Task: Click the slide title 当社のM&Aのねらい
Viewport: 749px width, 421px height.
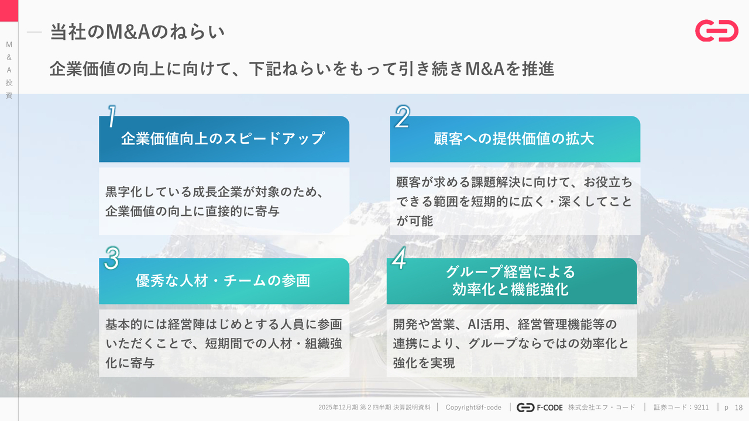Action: [137, 32]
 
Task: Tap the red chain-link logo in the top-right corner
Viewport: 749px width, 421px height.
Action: [717, 31]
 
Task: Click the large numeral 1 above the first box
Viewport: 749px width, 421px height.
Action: [112, 116]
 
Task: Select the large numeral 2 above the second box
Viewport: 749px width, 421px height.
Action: [402, 116]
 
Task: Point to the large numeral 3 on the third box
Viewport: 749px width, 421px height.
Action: [112, 258]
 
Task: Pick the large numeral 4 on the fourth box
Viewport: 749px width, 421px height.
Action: [399, 258]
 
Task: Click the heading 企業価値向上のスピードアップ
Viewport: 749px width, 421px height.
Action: [223, 139]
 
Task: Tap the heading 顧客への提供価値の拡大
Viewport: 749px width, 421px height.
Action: [514, 139]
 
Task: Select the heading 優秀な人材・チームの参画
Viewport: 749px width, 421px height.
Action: [223, 281]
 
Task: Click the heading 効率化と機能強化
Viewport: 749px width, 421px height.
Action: [511, 289]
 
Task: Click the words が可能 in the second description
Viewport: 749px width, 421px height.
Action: [415, 221]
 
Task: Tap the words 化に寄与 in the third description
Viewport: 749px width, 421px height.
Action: [130, 363]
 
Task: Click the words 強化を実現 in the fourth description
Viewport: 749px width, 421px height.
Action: [424, 363]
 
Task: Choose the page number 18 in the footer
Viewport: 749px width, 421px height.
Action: [738, 408]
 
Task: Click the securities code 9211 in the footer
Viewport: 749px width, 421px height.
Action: [701, 408]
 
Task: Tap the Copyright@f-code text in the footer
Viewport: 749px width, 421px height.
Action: [473, 408]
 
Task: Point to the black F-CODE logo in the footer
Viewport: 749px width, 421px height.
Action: [540, 408]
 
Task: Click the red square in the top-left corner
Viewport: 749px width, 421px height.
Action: [9, 11]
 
